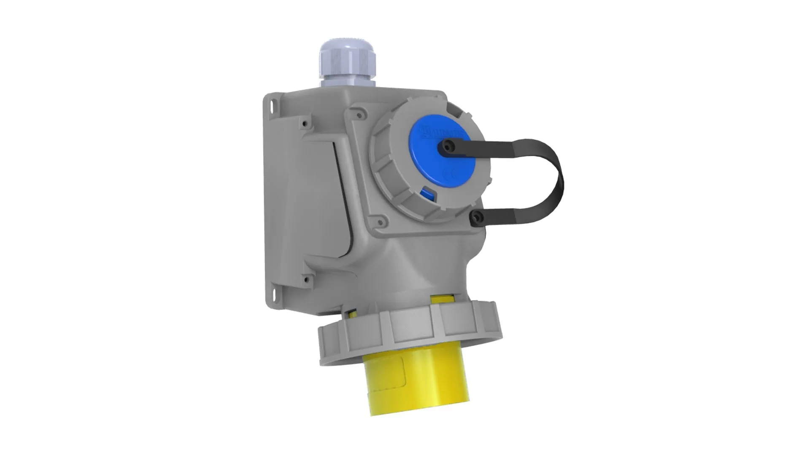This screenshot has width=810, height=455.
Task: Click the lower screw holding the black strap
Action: tap(476, 218)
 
